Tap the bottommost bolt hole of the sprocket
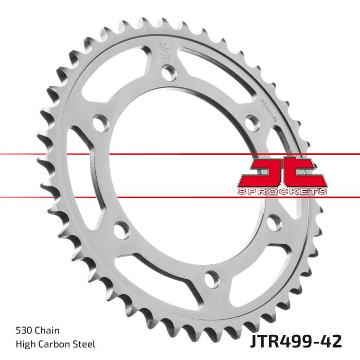pos(210,280)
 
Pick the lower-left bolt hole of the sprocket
pos(119,229)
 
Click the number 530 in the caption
pos(17,330)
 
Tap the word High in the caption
pos(19,343)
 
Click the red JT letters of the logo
pos(281,172)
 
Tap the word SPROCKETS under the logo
pos(282,191)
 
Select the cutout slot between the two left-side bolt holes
pos(82,170)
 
